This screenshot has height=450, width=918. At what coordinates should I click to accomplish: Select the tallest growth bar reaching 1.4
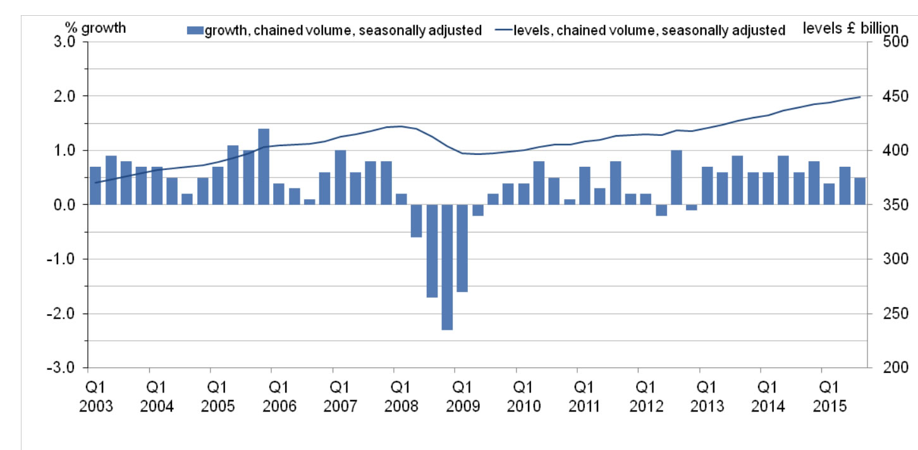tap(264, 167)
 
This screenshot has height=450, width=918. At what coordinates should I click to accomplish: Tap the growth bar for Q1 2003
tap(95, 186)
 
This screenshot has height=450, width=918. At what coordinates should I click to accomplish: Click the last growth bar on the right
tap(860, 192)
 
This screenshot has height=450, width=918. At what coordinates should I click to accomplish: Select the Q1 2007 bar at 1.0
tap(340, 178)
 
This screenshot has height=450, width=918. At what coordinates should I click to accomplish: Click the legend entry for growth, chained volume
tap(335, 30)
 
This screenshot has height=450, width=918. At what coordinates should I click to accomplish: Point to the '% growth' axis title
tap(95, 27)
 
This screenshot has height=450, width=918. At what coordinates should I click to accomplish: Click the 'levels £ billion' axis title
tap(850, 28)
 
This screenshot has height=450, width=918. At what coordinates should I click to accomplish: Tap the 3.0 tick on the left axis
tap(66, 42)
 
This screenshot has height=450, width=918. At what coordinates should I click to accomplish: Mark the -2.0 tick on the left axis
tap(64, 313)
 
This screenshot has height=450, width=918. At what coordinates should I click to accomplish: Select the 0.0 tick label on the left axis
tap(66, 205)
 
